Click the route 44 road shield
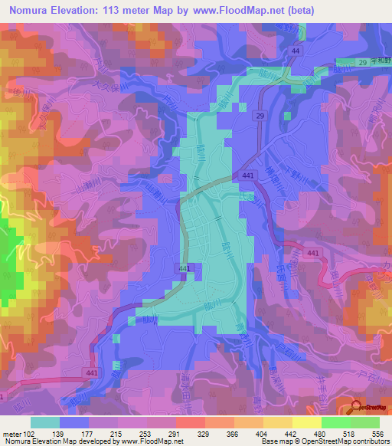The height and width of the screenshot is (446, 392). click(295, 50)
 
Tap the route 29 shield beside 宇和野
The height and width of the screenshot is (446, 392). click(362, 62)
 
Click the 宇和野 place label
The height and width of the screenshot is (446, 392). click(380, 62)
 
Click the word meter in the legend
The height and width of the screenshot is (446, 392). click(11, 433)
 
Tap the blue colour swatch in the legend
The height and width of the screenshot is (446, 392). click(74, 422)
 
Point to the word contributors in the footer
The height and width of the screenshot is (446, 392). click(370, 441)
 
